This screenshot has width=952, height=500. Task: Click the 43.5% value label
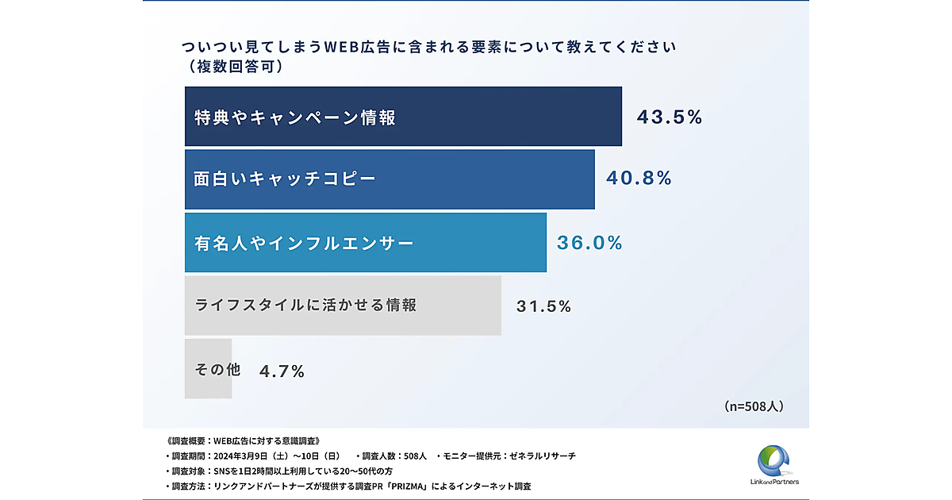(x=670, y=117)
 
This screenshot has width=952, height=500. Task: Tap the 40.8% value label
(x=639, y=179)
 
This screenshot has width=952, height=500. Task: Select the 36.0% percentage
(x=589, y=243)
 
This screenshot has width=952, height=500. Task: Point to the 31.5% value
(x=543, y=306)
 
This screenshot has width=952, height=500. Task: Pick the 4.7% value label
(x=282, y=371)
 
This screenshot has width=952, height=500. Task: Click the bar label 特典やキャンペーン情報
(x=294, y=117)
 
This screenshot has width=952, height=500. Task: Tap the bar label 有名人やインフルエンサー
(x=304, y=243)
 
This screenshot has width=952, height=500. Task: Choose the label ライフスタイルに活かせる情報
(x=305, y=305)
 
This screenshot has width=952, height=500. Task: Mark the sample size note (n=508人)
(x=754, y=406)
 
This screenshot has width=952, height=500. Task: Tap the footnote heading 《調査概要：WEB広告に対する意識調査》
(x=243, y=440)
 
